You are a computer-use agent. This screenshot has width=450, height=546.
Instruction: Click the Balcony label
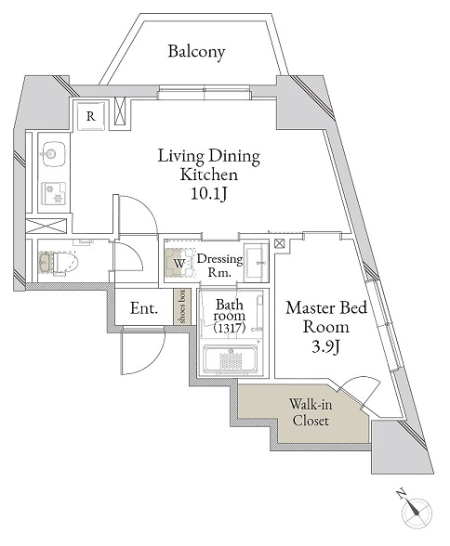tap(196, 52)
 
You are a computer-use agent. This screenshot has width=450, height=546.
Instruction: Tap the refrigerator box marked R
tap(90, 116)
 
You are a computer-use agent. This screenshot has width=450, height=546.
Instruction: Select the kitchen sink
tap(52, 153)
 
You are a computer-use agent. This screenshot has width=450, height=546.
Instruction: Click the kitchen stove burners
tap(54, 193)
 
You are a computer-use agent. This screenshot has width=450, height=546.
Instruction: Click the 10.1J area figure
tap(209, 194)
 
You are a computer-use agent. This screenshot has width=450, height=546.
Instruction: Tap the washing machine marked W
tap(179, 263)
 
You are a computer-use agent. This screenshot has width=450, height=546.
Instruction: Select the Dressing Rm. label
tap(219, 266)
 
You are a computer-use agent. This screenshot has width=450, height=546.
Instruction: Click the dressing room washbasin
tap(256, 263)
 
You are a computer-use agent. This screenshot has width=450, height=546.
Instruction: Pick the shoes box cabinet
tap(182, 306)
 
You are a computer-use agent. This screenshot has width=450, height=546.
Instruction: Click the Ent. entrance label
tap(144, 308)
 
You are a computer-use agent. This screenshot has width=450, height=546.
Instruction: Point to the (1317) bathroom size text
tap(230, 328)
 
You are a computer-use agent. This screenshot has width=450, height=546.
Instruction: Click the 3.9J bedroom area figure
tap(325, 347)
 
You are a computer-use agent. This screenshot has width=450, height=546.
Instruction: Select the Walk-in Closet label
tap(311, 412)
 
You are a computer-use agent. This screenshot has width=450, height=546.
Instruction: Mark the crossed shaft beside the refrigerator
tap(120, 111)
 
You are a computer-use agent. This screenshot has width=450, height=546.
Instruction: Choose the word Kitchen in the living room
tap(209, 175)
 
